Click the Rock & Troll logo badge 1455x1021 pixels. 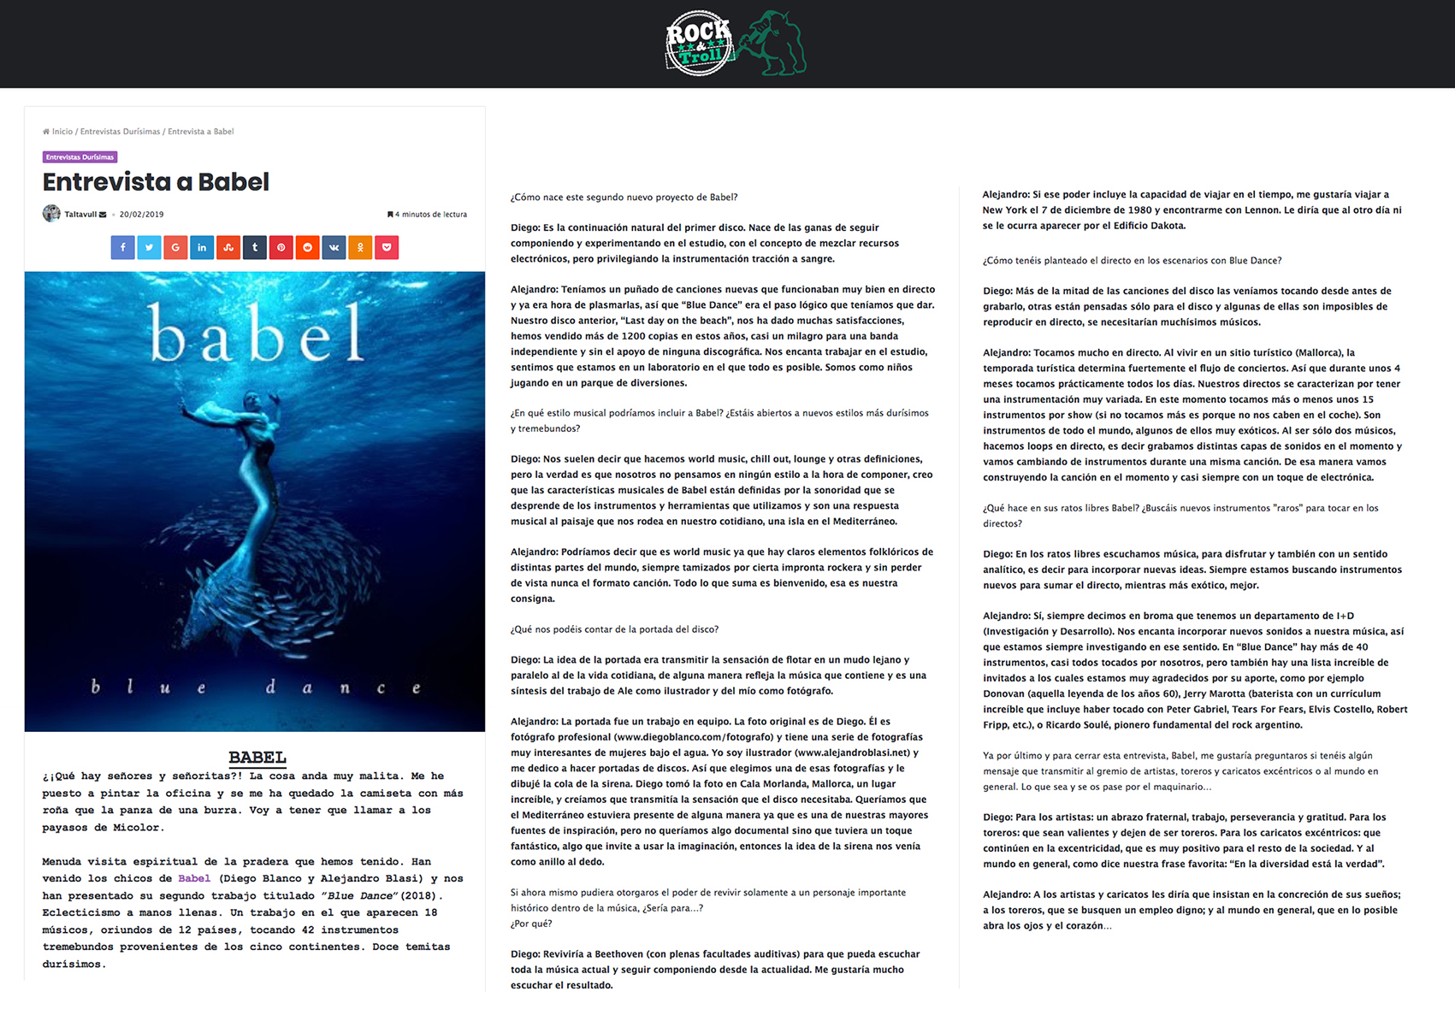(x=699, y=44)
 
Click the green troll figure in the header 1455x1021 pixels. (x=773, y=43)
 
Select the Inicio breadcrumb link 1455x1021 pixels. (x=62, y=132)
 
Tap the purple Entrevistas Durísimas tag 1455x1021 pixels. (x=80, y=157)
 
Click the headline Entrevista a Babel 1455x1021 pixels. (x=156, y=182)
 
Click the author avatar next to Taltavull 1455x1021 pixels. (x=51, y=214)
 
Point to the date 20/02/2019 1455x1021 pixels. (x=141, y=215)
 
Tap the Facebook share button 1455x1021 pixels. (x=122, y=247)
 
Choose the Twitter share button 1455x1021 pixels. (x=149, y=247)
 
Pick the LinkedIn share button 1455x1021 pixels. (x=202, y=247)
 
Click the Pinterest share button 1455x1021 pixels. (x=281, y=247)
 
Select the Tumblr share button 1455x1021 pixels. (x=255, y=247)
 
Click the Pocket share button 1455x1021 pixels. (x=387, y=247)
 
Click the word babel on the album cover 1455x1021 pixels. (x=256, y=334)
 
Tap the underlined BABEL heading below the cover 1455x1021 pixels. (x=257, y=757)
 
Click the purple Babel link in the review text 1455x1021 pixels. (x=194, y=878)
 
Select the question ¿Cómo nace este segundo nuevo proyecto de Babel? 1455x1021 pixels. (x=624, y=198)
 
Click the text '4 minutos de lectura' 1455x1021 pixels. (x=430, y=215)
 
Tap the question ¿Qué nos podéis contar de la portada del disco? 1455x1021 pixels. (x=614, y=629)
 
